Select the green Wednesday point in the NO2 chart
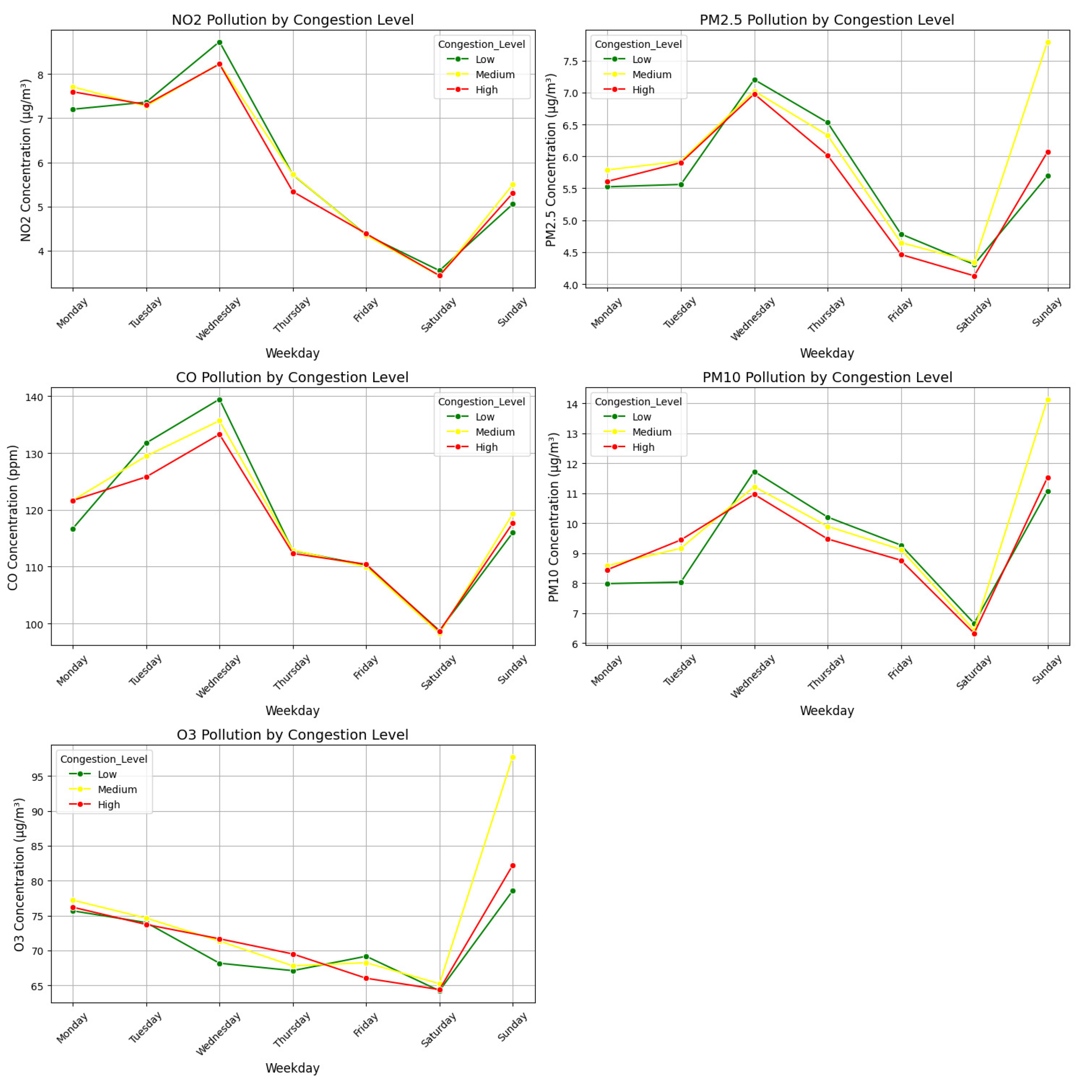click(219, 43)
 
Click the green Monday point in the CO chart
click(73, 529)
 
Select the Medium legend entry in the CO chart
click(494, 432)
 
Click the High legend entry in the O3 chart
click(109, 804)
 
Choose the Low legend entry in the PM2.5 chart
click(641, 59)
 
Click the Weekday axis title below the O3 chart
click(292, 1068)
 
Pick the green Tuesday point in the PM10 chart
click(680, 582)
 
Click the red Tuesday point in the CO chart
click(147, 477)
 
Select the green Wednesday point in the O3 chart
click(219, 963)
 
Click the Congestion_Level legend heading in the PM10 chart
click(638, 402)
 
